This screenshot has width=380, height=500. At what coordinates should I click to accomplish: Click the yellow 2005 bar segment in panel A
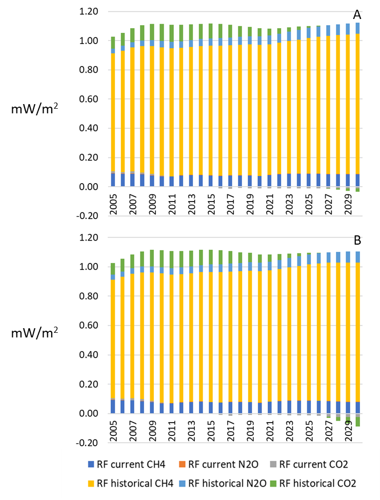tap(113, 113)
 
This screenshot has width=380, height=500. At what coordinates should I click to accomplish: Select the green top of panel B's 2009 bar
tap(152, 258)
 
